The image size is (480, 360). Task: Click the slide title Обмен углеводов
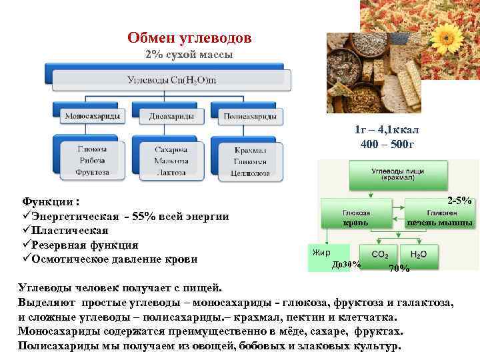pyautogui.click(x=189, y=38)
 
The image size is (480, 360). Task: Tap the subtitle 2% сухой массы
pyautogui.click(x=189, y=55)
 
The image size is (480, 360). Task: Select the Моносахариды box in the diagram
pyautogui.click(x=93, y=116)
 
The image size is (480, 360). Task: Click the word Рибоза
pyautogui.click(x=91, y=160)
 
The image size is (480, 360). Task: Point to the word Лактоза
pyautogui.click(x=171, y=171)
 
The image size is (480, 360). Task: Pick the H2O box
pyautogui.click(x=419, y=255)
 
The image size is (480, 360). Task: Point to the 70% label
pyautogui.click(x=399, y=268)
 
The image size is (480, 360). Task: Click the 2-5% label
pyautogui.click(x=460, y=200)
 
